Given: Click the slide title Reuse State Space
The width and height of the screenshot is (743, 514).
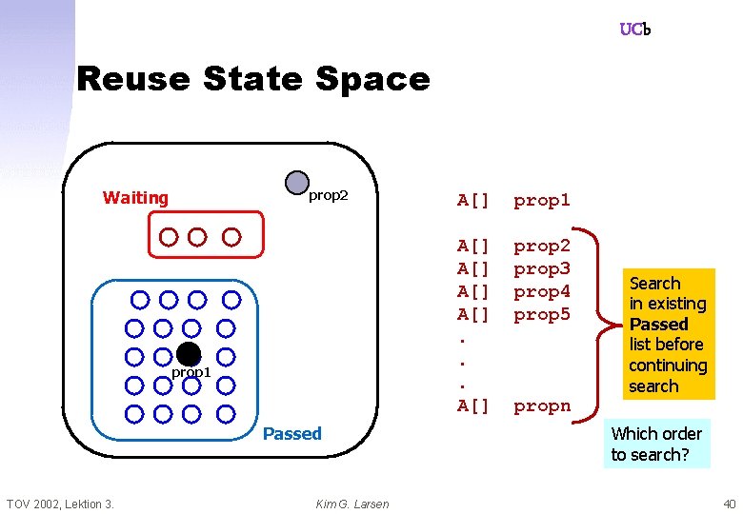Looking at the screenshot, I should (x=252, y=78).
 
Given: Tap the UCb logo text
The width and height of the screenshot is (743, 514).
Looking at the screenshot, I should (x=634, y=30).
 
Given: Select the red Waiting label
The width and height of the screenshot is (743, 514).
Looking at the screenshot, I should (x=135, y=198).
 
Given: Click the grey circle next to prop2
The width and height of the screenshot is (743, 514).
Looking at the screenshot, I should (x=297, y=183).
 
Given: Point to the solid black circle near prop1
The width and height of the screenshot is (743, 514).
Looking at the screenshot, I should (x=188, y=354).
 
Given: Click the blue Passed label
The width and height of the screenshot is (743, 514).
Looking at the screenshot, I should (x=291, y=434).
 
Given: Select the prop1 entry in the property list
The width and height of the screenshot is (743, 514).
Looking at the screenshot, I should (x=541, y=200).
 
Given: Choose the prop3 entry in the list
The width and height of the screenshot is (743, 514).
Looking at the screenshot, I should (x=541, y=268).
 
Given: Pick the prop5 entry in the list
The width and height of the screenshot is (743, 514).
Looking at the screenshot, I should (x=541, y=314).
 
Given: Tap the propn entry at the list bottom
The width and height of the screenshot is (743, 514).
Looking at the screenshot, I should (x=541, y=406).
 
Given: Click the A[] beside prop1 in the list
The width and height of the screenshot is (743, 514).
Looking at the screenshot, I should (x=473, y=200).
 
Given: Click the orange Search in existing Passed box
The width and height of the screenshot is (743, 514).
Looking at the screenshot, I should (x=667, y=334).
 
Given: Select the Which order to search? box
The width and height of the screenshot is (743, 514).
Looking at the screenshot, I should (x=656, y=444).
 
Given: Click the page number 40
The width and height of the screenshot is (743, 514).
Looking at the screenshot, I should (x=729, y=504).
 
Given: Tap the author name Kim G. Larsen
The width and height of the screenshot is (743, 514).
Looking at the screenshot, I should (x=351, y=504).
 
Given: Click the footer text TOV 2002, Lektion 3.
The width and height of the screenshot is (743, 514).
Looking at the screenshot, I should (x=60, y=504).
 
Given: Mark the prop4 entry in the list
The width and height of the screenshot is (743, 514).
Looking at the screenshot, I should (x=541, y=291).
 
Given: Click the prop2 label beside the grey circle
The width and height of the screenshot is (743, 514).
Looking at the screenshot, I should (x=329, y=196).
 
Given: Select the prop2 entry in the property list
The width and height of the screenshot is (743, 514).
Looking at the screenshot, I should (x=541, y=246).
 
